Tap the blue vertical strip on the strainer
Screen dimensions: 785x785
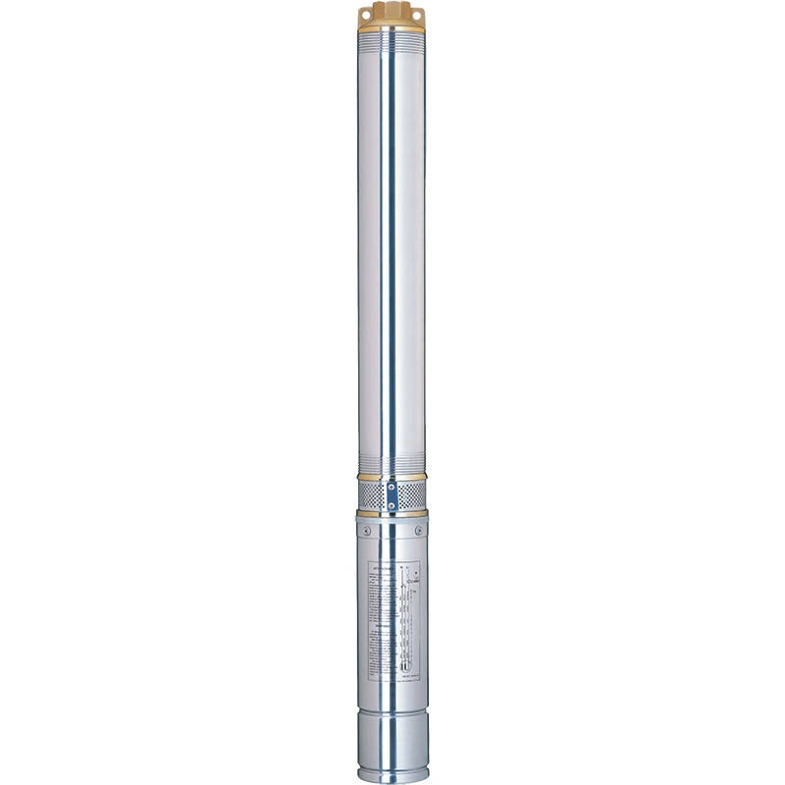[x=392, y=497]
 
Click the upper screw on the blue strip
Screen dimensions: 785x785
[x=392, y=488]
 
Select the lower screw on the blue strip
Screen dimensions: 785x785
[x=392, y=506]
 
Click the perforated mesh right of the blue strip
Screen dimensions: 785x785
[x=411, y=497]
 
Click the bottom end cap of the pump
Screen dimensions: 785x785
[x=392, y=751]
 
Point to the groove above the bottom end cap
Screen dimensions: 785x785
[x=392, y=722]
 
